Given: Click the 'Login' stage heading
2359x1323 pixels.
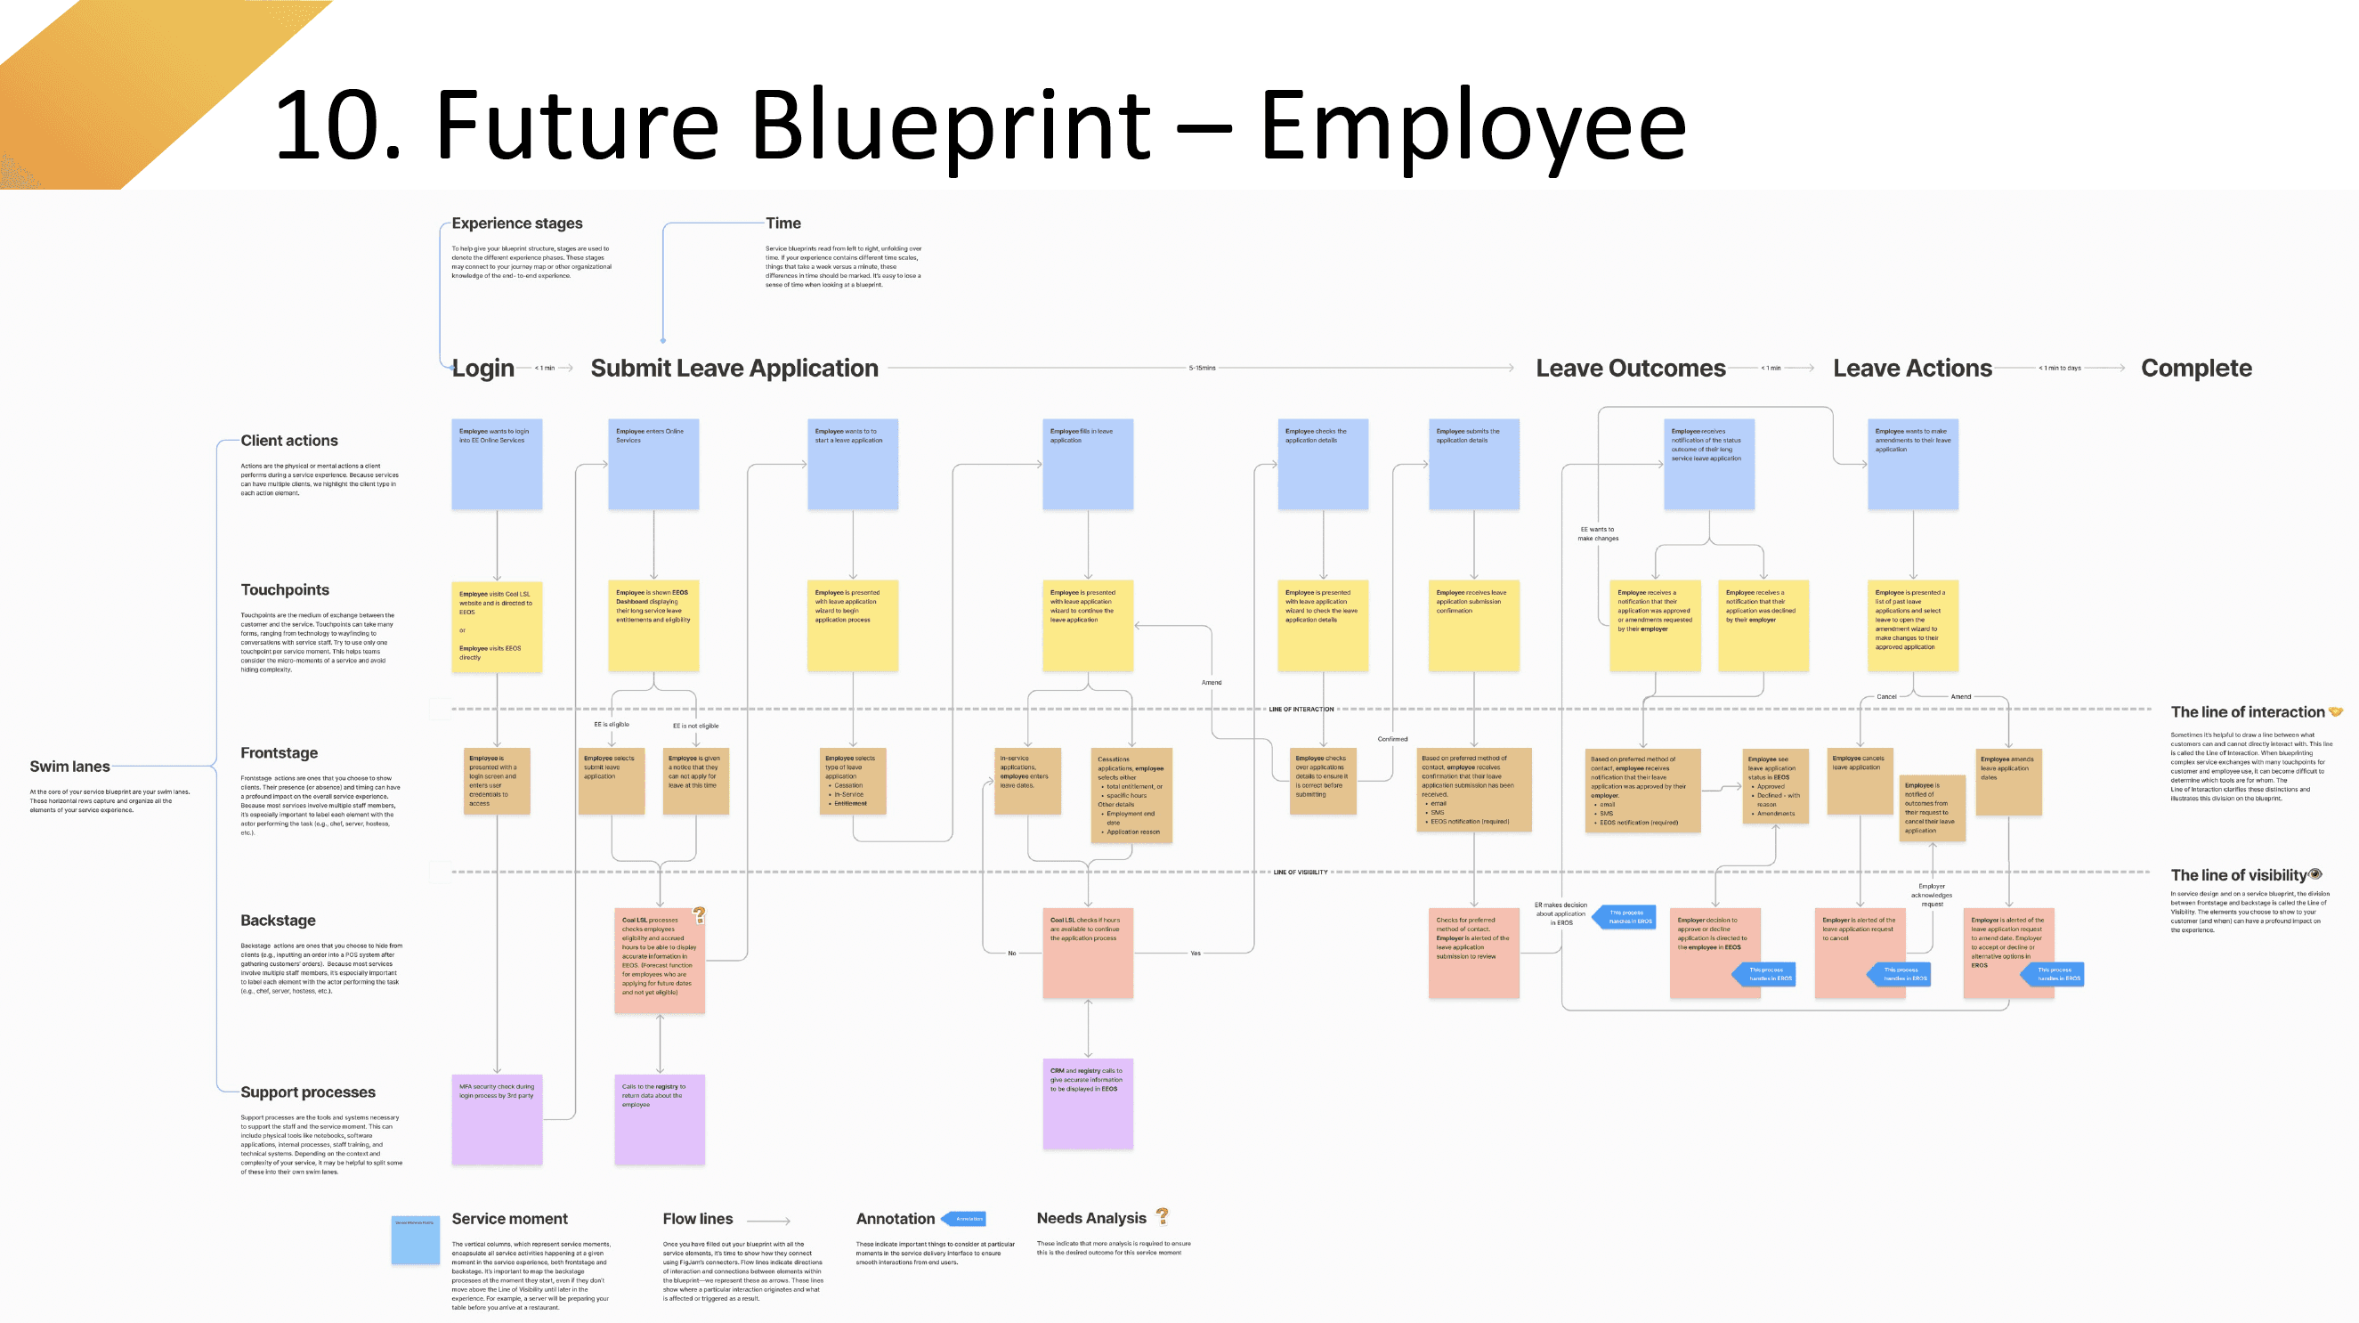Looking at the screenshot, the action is [482, 368].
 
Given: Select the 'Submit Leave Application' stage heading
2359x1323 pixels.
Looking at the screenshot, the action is [734, 368].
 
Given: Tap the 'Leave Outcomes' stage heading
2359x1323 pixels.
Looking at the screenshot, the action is [1630, 368].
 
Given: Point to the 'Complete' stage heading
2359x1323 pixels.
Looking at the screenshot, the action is [2195, 368].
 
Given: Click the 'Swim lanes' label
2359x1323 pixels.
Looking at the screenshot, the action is [69, 767].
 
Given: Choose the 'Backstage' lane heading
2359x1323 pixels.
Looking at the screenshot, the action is [278, 921].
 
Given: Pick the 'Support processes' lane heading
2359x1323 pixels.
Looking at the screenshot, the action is [308, 1092].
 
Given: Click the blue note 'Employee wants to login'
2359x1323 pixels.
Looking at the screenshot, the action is [497, 463].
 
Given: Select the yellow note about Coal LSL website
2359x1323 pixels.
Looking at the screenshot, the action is [497, 626].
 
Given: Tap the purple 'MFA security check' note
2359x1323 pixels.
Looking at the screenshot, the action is [497, 1119].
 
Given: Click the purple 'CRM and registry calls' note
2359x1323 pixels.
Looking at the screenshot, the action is [1087, 1103].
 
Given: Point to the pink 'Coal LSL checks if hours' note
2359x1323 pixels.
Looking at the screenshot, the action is [1087, 953].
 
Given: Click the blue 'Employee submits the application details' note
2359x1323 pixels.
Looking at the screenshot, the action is [1473, 463].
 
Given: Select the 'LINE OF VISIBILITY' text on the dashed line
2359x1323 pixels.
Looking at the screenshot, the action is [1300, 872].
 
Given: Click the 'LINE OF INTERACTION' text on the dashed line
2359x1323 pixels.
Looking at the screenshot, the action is [1301, 709].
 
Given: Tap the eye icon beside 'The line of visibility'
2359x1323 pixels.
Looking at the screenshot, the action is [2315, 873].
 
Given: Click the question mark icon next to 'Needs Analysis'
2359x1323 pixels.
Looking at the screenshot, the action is [1162, 1216].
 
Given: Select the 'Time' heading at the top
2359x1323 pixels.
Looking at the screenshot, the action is [783, 223].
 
